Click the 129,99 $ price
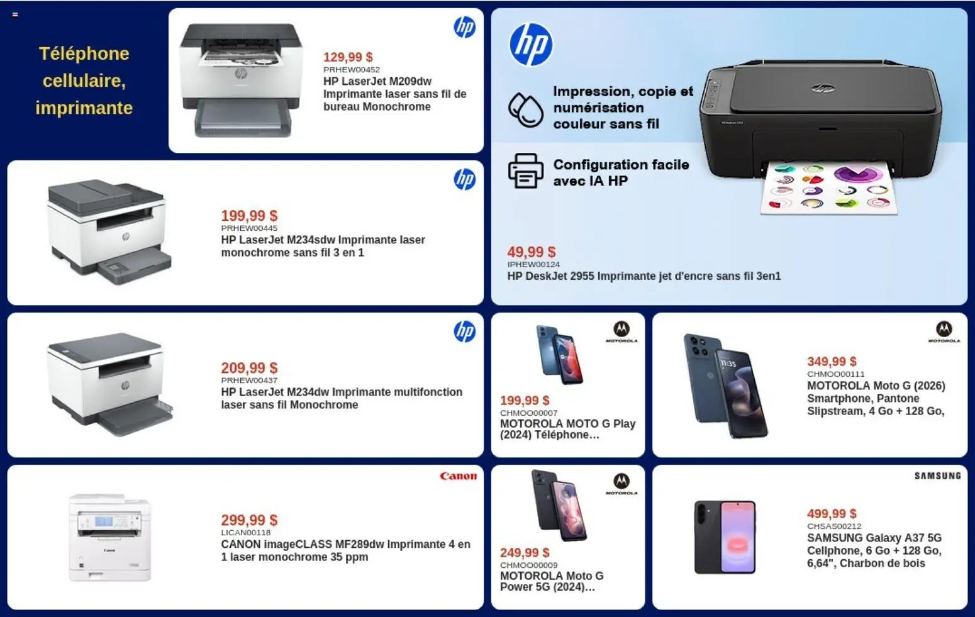click(348, 57)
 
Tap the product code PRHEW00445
click(249, 228)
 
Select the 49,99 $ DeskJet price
click(532, 252)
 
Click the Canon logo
click(459, 476)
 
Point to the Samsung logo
click(937, 476)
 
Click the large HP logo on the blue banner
click(531, 45)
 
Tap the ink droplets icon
click(526, 109)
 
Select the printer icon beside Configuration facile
click(526, 170)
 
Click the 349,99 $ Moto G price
click(832, 362)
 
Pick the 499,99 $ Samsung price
click(832, 514)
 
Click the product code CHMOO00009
click(529, 565)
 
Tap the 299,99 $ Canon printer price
click(249, 520)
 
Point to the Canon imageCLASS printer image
click(109, 537)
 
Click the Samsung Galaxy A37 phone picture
click(725, 537)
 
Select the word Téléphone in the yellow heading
click(84, 54)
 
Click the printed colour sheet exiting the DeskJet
click(829, 188)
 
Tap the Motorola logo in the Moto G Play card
click(621, 332)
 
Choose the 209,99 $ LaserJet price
click(249, 368)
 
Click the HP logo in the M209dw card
click(464, 27)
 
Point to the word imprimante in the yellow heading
click(84, 108)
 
